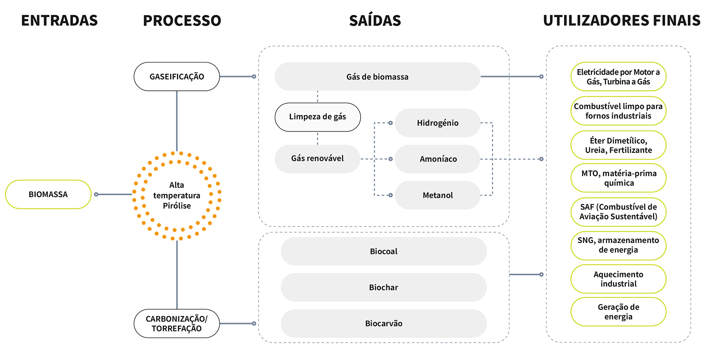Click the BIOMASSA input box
point(48,194)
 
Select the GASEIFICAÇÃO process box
point(177,77)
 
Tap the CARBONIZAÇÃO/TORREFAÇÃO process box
point(177,323)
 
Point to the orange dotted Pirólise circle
point(177,196)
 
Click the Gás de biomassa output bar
point(377,77)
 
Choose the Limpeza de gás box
point(317,117)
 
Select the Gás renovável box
point(317,159)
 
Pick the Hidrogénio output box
point(438,123)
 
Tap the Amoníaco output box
point(438,159)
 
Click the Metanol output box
point(438,195)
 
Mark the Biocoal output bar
point(384,251)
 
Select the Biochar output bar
point(384,287)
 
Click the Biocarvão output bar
point(384,323)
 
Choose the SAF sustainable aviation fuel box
point(618,212)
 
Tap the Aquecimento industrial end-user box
point(618,279)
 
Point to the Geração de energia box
point(618,312)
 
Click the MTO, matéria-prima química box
point(618,178)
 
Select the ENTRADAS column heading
point(59,21)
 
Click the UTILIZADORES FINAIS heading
point(622,21)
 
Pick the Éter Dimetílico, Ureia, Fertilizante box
point(618,145)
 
